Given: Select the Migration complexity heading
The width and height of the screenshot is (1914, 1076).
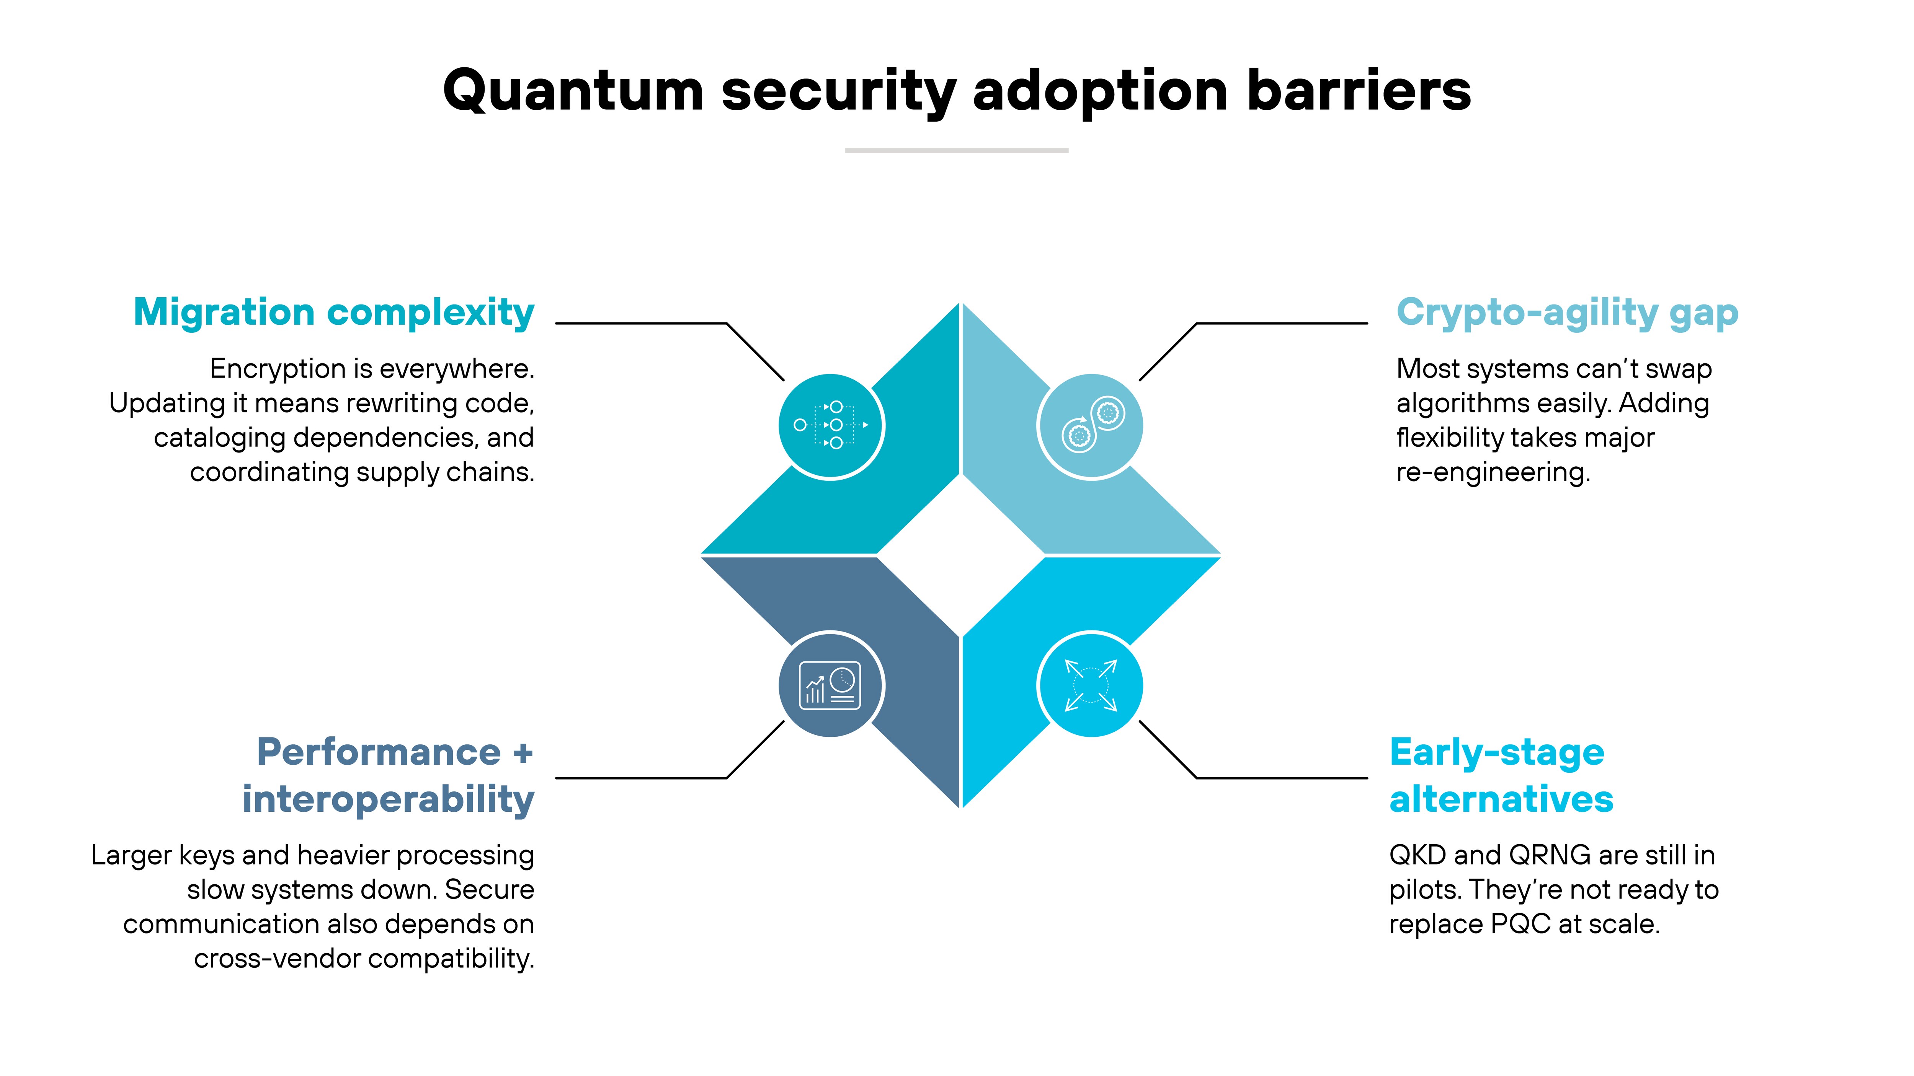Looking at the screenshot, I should click(334, 312).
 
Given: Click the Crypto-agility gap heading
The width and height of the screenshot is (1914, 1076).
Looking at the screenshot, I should click(1567, 312).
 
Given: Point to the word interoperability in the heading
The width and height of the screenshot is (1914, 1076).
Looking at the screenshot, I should click(388, 799).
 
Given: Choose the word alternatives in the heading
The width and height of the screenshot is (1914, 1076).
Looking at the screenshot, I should click(1501, 799).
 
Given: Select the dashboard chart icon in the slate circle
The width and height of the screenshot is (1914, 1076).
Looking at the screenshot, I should click(830, 685).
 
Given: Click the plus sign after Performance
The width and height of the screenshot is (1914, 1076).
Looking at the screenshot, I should click(523, 753).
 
